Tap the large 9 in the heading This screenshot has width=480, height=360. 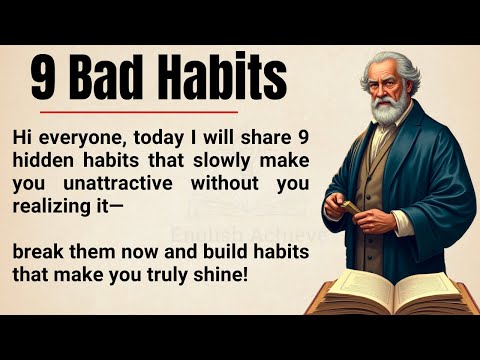coord(42,78)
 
